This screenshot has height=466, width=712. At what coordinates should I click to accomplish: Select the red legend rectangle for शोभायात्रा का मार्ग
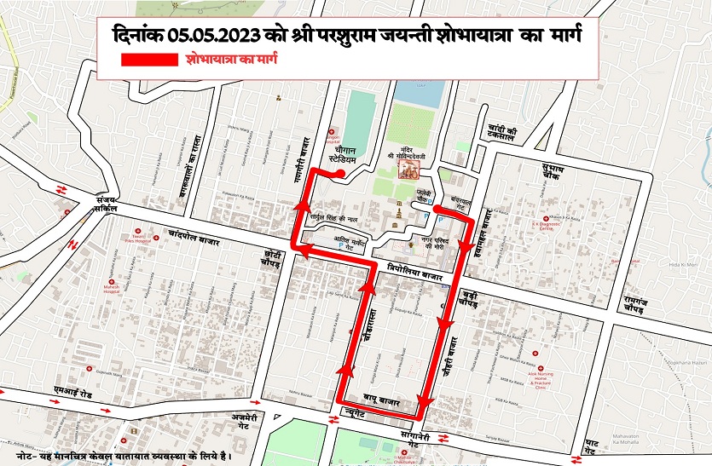pyautogui.click(x=149, y=61)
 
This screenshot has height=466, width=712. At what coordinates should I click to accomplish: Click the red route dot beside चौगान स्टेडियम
pyautogui.click(x=340, y=175)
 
